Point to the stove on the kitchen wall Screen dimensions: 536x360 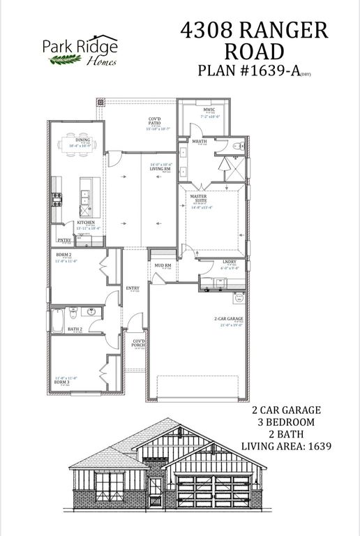57,199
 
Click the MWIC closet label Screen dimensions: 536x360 207,110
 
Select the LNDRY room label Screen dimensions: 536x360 229,262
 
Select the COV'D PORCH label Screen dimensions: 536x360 139,343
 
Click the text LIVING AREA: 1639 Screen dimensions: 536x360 285,445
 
